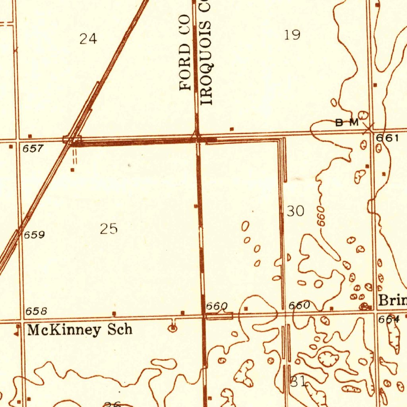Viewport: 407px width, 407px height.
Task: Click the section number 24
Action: [88, 39]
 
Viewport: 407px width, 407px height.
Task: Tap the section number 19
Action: [292, 35]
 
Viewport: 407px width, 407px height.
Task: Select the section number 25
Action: [109, 229]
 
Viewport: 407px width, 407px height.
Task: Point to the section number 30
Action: [295, 211]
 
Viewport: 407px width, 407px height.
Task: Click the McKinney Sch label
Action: [79, 330]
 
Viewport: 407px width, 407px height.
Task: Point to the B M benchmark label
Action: [347, 123]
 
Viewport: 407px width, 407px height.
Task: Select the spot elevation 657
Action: [33, 149]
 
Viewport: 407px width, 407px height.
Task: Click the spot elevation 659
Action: [34, 235]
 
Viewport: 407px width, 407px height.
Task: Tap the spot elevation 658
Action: [36, 311]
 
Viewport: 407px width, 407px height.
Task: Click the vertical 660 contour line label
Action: [321, 217]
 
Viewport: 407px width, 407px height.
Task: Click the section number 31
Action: [298, 382]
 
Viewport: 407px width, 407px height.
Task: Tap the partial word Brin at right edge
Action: [392, 300]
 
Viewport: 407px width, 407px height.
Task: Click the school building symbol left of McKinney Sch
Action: [17, 329]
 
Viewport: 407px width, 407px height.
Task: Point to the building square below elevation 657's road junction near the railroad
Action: [72, 170]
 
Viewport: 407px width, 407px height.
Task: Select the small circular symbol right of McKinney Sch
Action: [173, 328]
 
